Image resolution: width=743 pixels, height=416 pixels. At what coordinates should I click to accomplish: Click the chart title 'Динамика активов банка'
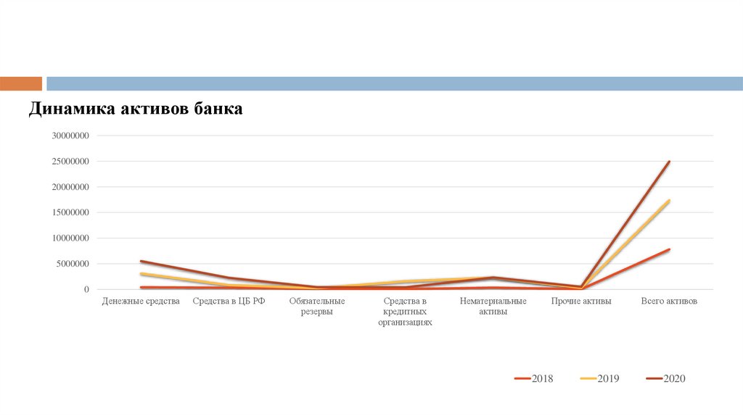click(136, 109)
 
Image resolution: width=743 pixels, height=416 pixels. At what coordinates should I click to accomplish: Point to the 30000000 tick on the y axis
click(70, 136)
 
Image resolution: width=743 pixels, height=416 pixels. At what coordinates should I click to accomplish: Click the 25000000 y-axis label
click(70, 162)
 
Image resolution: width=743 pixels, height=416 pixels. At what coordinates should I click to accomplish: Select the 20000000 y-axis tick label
click(70, 187)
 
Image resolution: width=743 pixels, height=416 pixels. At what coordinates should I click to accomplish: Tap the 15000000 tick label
click(70, 212)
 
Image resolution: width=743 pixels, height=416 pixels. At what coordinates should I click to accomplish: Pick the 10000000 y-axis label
click(70, 238)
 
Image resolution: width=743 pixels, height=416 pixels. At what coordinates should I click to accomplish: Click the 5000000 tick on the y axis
click(73, 264)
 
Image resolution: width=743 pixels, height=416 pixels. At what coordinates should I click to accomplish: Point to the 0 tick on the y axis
click(86, 290)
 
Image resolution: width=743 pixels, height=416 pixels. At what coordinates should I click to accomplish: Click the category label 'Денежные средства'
click(141, 301)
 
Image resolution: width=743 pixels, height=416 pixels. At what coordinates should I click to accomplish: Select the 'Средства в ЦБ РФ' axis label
click(229, 301)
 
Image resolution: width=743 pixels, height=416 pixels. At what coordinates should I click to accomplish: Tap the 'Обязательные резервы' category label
click(317, 306)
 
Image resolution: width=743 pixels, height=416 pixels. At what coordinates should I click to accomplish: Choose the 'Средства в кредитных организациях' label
click(405, 312)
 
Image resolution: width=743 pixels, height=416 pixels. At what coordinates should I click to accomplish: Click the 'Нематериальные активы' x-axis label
click(493, 306)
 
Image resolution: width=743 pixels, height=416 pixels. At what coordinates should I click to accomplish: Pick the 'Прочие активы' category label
click(581, 301)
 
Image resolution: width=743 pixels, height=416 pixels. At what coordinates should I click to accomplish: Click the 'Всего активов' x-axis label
click(669, 301)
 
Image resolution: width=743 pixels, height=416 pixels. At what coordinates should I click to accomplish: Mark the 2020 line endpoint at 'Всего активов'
click(669, 162)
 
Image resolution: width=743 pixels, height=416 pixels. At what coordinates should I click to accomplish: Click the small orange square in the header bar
click(21, 83)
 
